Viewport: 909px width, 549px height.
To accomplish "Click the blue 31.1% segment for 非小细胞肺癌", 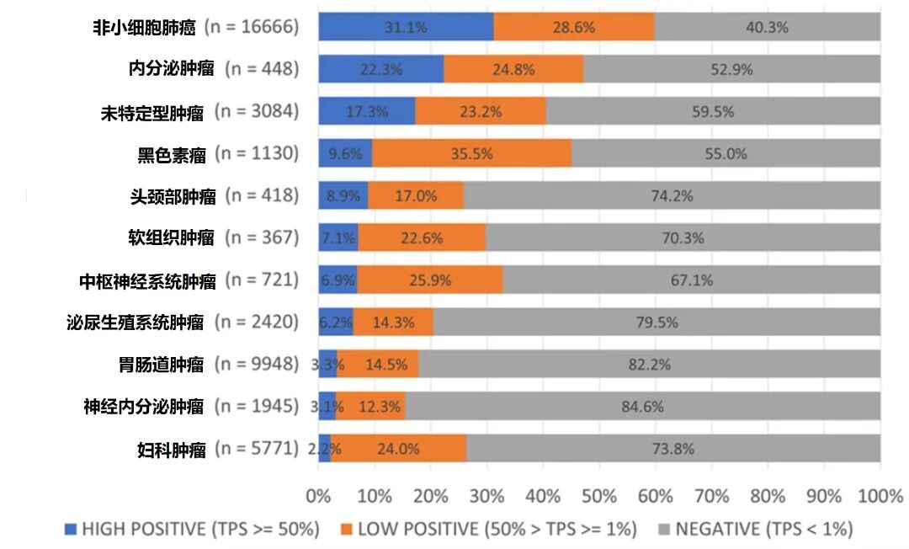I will [406, 27].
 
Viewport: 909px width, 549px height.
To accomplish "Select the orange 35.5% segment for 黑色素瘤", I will [471, 153].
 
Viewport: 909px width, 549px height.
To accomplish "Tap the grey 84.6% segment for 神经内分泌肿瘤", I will [642, 406].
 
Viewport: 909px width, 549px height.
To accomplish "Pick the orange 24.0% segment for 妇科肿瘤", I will [398, 449].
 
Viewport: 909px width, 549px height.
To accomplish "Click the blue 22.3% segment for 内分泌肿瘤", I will [380, 70].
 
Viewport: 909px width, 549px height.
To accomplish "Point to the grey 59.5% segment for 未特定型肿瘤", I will [712, 111].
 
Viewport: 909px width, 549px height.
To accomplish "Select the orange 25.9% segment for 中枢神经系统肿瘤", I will [429, 280].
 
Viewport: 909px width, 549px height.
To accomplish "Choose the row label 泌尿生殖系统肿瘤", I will [135, 322].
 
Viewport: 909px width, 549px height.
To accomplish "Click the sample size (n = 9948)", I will [257, 364].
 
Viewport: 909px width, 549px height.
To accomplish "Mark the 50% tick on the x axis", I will [599, 496].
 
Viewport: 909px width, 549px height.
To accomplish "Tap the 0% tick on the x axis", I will [319, 496].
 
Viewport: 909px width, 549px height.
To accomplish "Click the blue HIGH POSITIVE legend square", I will [71, 530].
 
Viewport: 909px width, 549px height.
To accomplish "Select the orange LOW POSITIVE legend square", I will [347, 530].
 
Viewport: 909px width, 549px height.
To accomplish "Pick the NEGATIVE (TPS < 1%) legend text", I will [763, 530].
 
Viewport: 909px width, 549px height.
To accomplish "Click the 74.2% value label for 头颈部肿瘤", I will [672, 196].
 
